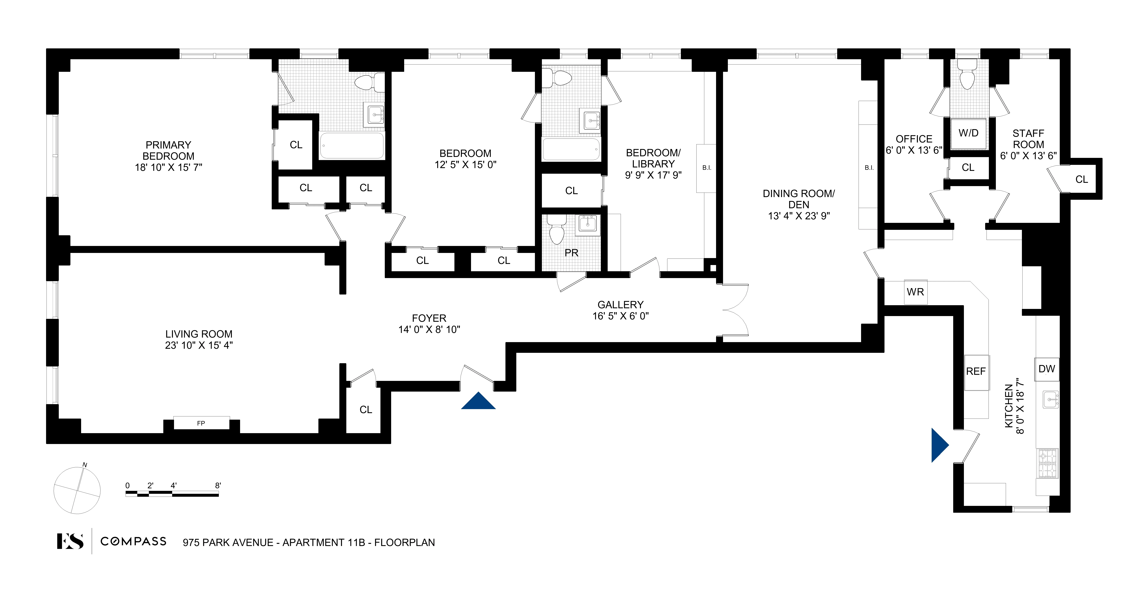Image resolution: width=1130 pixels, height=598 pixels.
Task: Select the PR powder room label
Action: (x=571, y=253)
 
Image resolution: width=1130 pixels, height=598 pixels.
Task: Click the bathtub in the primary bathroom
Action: (x=352, y=146)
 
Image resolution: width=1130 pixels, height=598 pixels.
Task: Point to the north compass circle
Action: (x=77, y=490)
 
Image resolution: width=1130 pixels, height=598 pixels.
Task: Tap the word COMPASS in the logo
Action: (x=133, y=541)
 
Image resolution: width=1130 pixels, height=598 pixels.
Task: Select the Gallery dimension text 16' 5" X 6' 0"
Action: (x=620, y=316)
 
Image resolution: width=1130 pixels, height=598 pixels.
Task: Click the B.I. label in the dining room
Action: (x=869, y=168)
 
